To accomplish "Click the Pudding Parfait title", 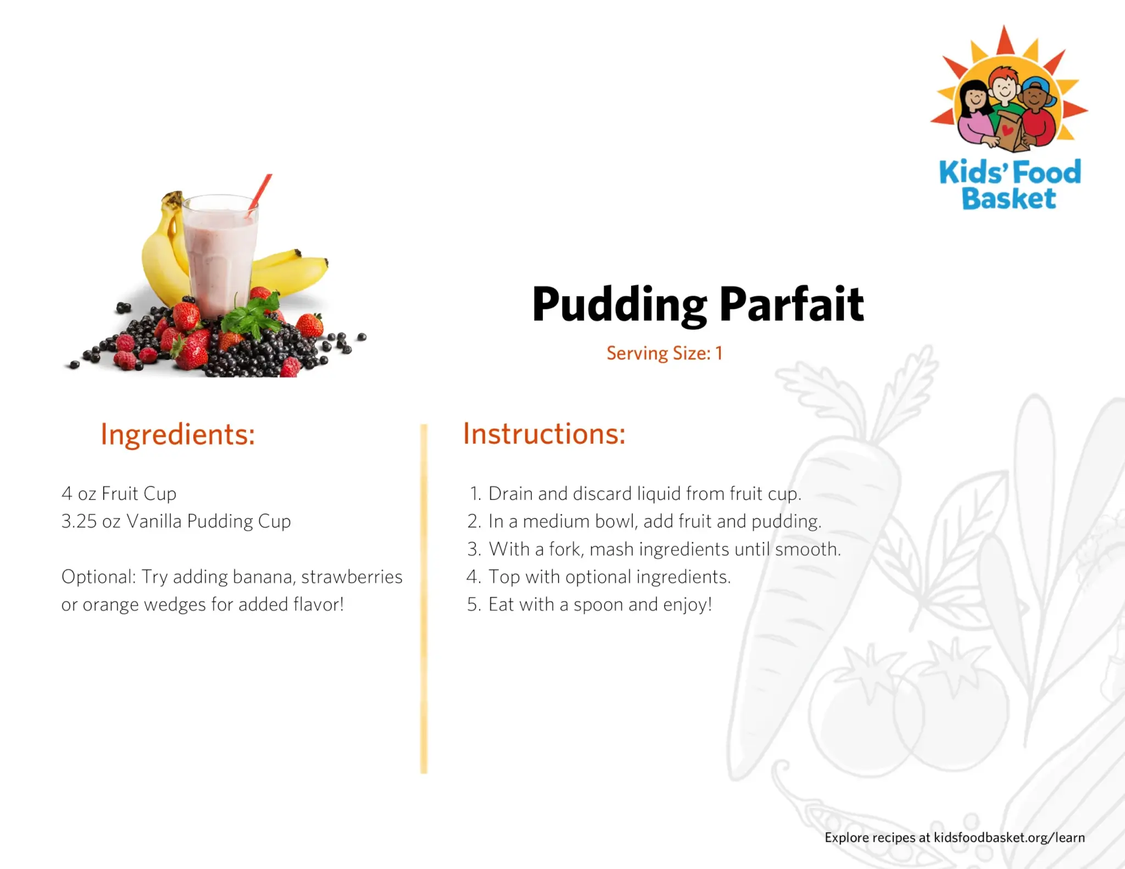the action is (x=698, y=305).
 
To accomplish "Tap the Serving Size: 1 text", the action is (x=664, y=353).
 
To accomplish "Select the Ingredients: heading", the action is (x=177, y=435).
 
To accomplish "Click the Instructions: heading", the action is (x=544, y=434).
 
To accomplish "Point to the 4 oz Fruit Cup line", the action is (x=119, y=494).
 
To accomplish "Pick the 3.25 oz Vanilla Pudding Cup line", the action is (x=176, y=521).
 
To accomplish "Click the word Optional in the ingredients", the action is (x=98, y=577).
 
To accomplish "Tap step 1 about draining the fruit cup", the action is (x=636, y=494).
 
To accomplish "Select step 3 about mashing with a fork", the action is (x=654, y=549).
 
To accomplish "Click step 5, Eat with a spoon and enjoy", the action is (x=589, y=605).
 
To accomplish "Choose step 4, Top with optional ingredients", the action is (x=599, y=577).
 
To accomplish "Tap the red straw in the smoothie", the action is (x=259, y=195).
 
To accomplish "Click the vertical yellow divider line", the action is (x=424, y=599).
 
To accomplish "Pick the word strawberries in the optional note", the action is (x=352, y=577).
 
